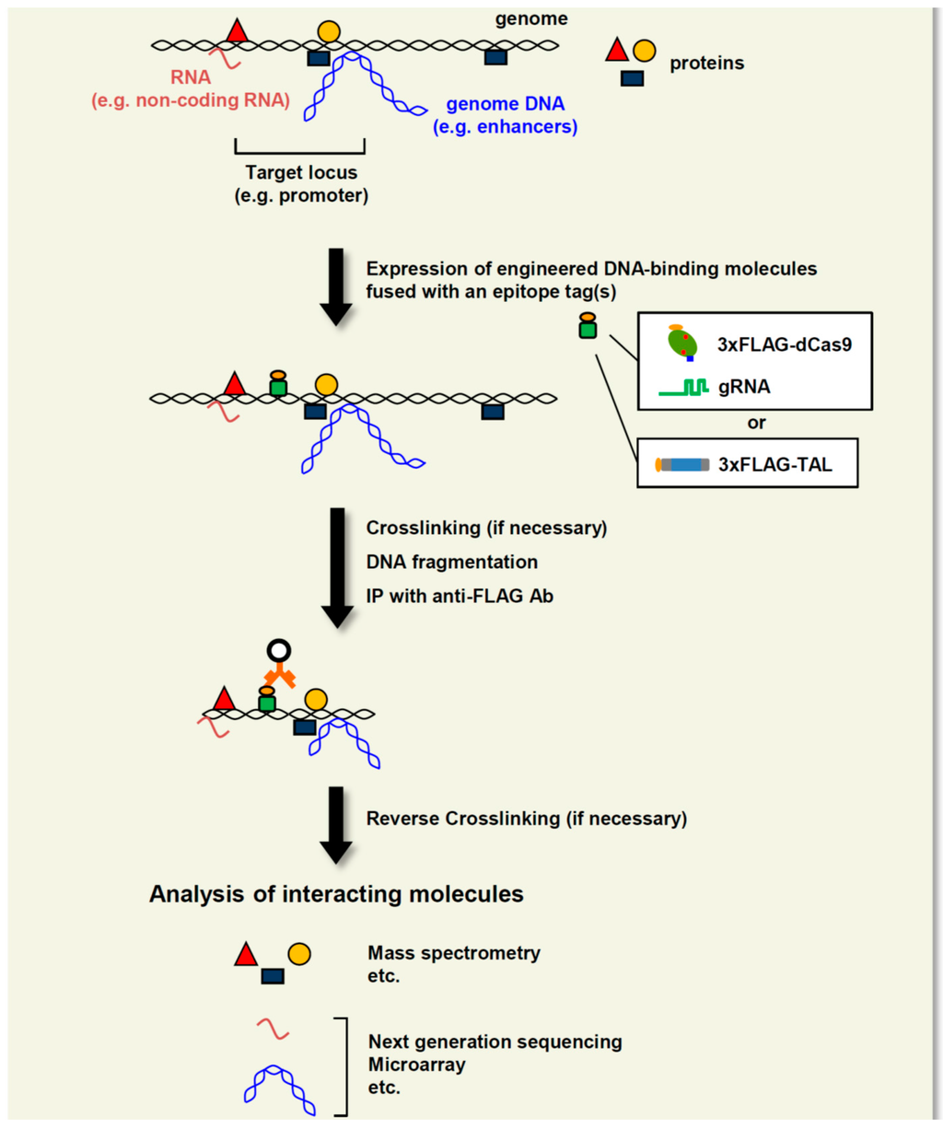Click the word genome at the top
[531, 18]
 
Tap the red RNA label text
[191, 78]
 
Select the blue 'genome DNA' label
[505, 105]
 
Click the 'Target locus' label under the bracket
[301, 172]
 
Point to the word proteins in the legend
[706, 64]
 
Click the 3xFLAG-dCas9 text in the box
[784, 345]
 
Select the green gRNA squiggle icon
[683, 388]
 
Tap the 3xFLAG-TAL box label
[774, 464]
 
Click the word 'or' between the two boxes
[756, 424]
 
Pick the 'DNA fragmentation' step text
[452, 562]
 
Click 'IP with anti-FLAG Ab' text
[460, 596]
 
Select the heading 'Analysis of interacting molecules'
[336, 894]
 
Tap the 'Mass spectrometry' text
[454, 953]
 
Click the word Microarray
[416, 1065]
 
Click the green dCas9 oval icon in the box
[682, 343]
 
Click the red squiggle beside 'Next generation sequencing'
[273, 1029]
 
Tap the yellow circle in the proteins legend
[645, 51]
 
